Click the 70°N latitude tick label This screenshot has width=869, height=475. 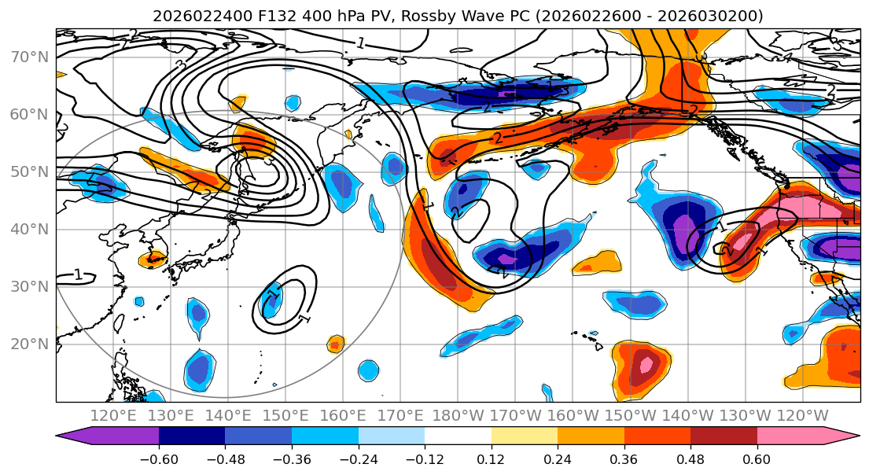pyautogui.click(x=29, y=57)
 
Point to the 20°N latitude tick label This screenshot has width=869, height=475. pyautogui.click(x=29, y=344)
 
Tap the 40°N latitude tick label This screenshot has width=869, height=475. pyautogui.click(x=29, y=230)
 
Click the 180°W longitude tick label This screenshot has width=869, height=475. pyautogui.click(x=458, y=415)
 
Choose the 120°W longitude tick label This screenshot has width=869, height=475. pyautogui.click(x=802, y=415)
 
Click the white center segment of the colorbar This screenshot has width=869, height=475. pyautogui.click(x=458, y=436)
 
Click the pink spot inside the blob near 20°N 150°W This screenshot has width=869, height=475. pyautogui.click(x=646, y=366)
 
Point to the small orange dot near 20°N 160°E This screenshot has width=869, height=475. pyautogui.click(x=336, y=344)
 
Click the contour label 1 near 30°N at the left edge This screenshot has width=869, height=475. pyautogui.click(x=78, y=274)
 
